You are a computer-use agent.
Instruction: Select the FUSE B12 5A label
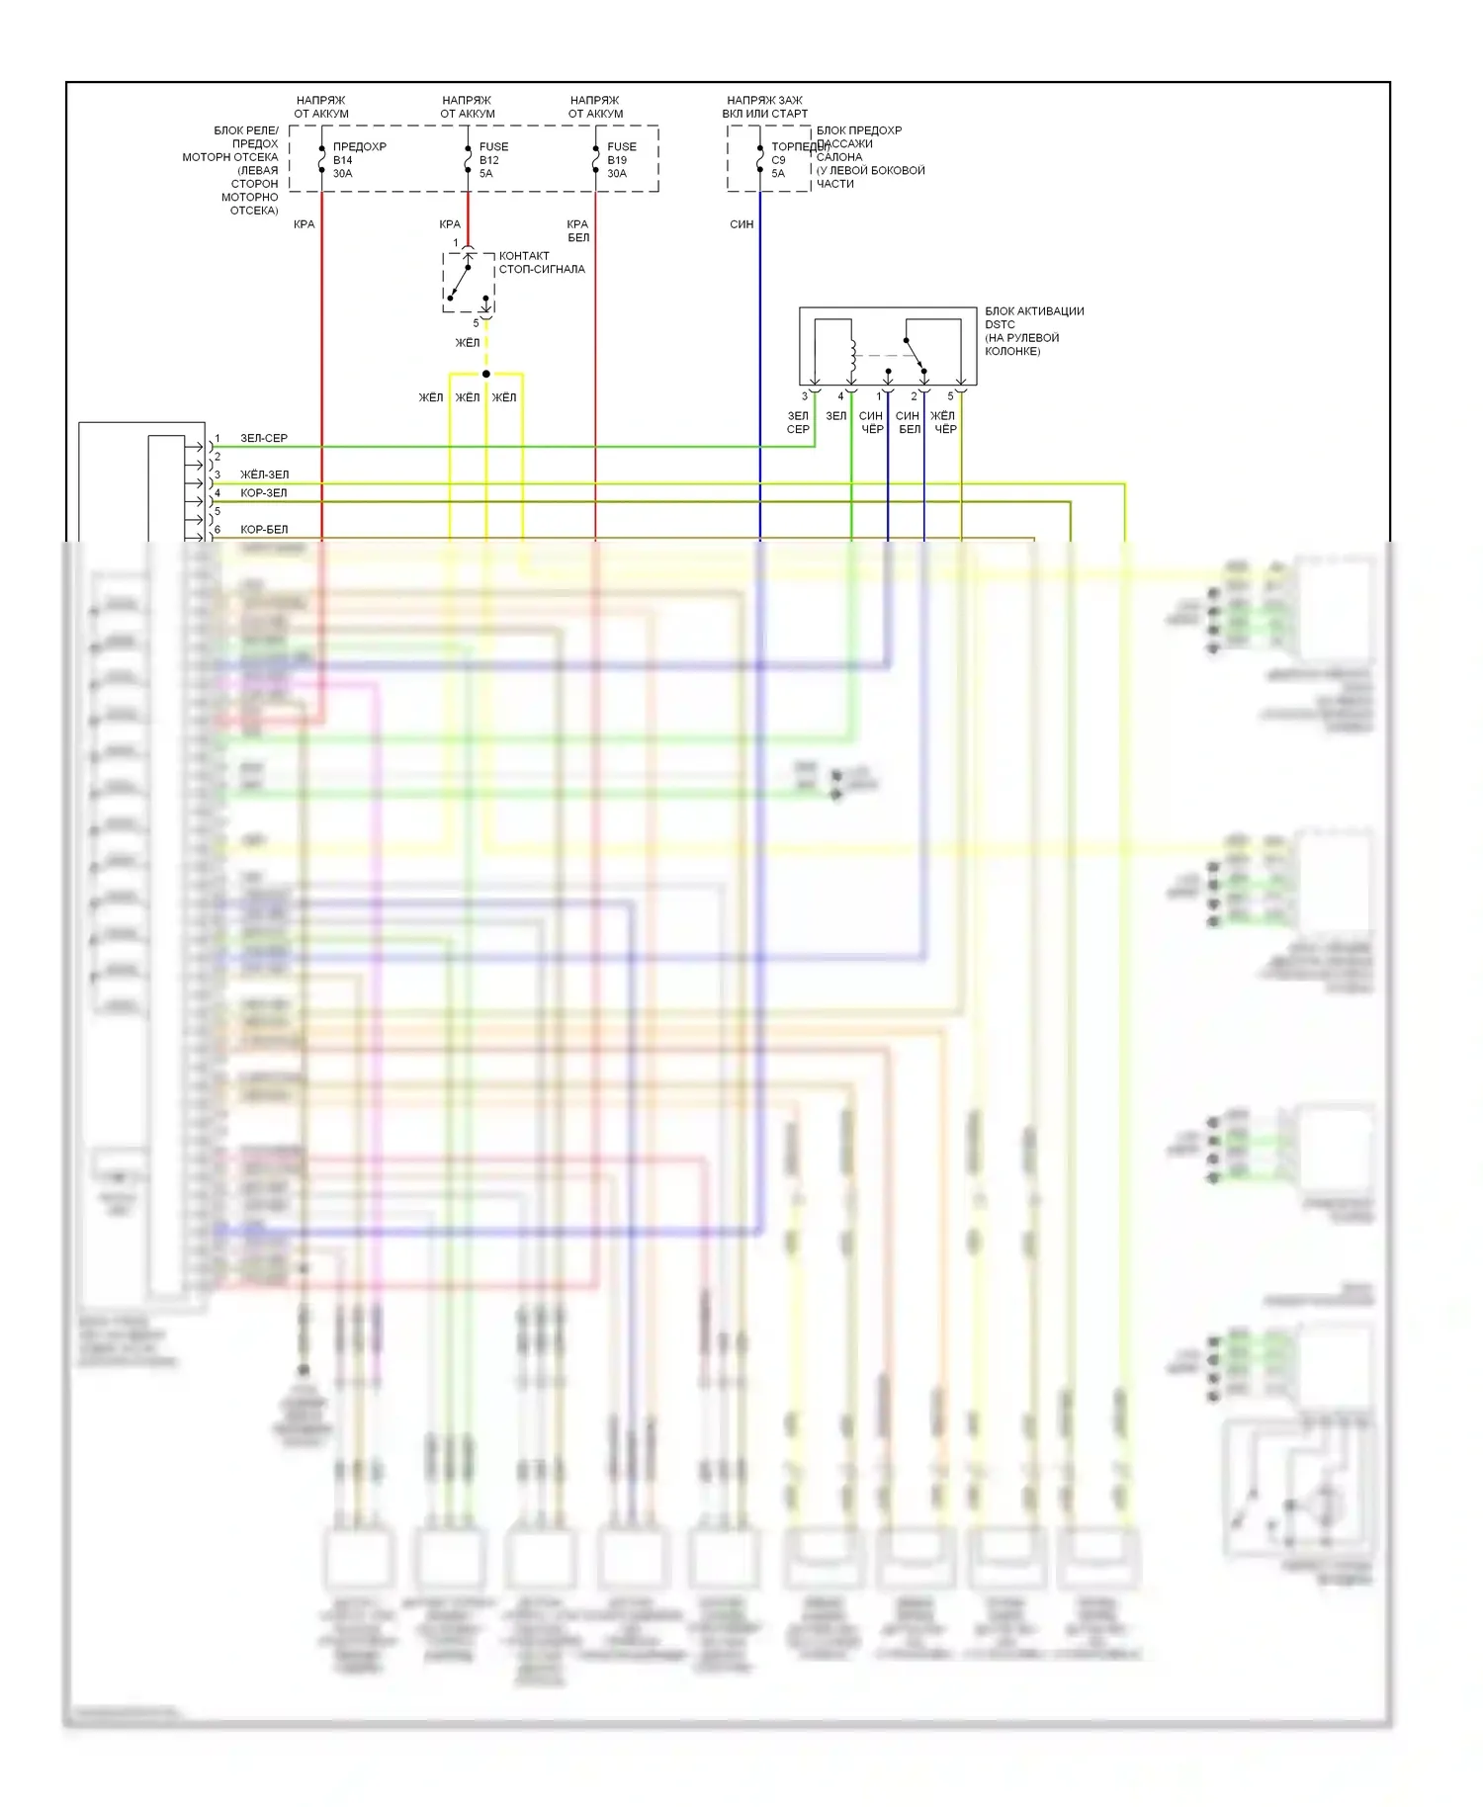pyautogui.click(x=492, y=160)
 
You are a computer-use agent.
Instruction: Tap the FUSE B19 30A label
pyautogui.click(x=621, y=160)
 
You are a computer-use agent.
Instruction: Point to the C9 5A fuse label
pyautogui.click(x=778, y=166)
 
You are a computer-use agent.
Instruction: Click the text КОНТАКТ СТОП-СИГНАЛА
pyautogui.click(x=541, y=262)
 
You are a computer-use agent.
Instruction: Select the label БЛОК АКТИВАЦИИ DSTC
pyautogui.click(x=1033, y=317)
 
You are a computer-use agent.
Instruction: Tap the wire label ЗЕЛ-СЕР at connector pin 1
pyautogui.click(x=264, y=438)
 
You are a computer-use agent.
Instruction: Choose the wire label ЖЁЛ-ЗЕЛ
pyautogui.click(x=264, y=474)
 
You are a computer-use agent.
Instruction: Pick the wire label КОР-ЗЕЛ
pyautogui.click(x=263, y=493)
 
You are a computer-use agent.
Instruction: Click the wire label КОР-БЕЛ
pyautogui.click(x=264, y=530)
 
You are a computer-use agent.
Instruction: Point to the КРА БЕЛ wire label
pyautogui.click(x=578, y=230)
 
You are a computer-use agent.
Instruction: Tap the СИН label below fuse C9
pyautogui.click(x=741, y=224)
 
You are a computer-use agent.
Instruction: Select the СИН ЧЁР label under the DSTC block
pyautogui.click(x=871, y=422)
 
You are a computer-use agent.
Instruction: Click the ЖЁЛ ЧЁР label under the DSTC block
pyautogui.click(x=944, y=422)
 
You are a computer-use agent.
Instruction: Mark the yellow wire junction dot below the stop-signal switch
pyautogui.click(x=486, y=374)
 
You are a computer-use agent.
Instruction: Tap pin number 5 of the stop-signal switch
pyautogui.click(x=476, y=323)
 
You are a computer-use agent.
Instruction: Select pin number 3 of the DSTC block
pyautogui.click(x=804, y=396)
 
